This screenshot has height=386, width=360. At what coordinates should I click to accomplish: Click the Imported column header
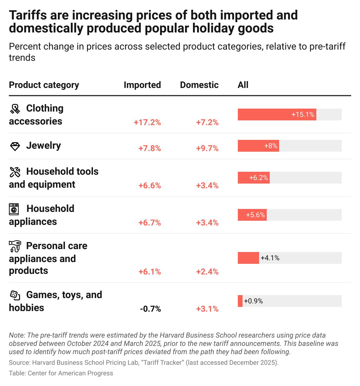coord(142,85)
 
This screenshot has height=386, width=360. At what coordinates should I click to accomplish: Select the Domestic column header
coord(199,85)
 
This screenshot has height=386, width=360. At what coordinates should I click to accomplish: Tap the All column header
coord(243,85)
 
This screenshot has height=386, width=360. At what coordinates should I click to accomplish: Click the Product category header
coord(44,85)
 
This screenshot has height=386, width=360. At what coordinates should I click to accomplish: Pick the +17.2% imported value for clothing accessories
coord(147,122)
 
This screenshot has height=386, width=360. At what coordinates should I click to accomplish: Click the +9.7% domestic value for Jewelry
coord(207,148)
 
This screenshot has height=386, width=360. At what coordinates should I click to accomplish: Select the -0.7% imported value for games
coord(150,309)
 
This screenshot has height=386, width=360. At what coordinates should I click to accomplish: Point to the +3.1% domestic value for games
coord(207,309)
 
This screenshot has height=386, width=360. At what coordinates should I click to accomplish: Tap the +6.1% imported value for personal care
coord(150,272)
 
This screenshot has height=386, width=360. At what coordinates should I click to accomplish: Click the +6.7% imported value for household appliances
coord(150,223)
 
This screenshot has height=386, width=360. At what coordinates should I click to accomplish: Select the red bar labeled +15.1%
coord(277,115)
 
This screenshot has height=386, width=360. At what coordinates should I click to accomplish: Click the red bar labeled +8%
coord(258,146)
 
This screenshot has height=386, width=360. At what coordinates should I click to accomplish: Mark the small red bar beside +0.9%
coord(240,301)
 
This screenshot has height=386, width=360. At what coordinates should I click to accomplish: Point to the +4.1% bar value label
coord(270,258)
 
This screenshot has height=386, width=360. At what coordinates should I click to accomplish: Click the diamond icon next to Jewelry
coord(15,146)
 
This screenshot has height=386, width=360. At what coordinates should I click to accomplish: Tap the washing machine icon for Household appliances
coord(14,209)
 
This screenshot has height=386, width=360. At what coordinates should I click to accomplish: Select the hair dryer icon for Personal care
coord(15,246)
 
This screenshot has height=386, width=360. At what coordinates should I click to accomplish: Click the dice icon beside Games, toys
coord(15,295)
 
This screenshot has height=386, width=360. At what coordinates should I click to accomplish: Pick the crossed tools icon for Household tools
coord(15,172)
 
